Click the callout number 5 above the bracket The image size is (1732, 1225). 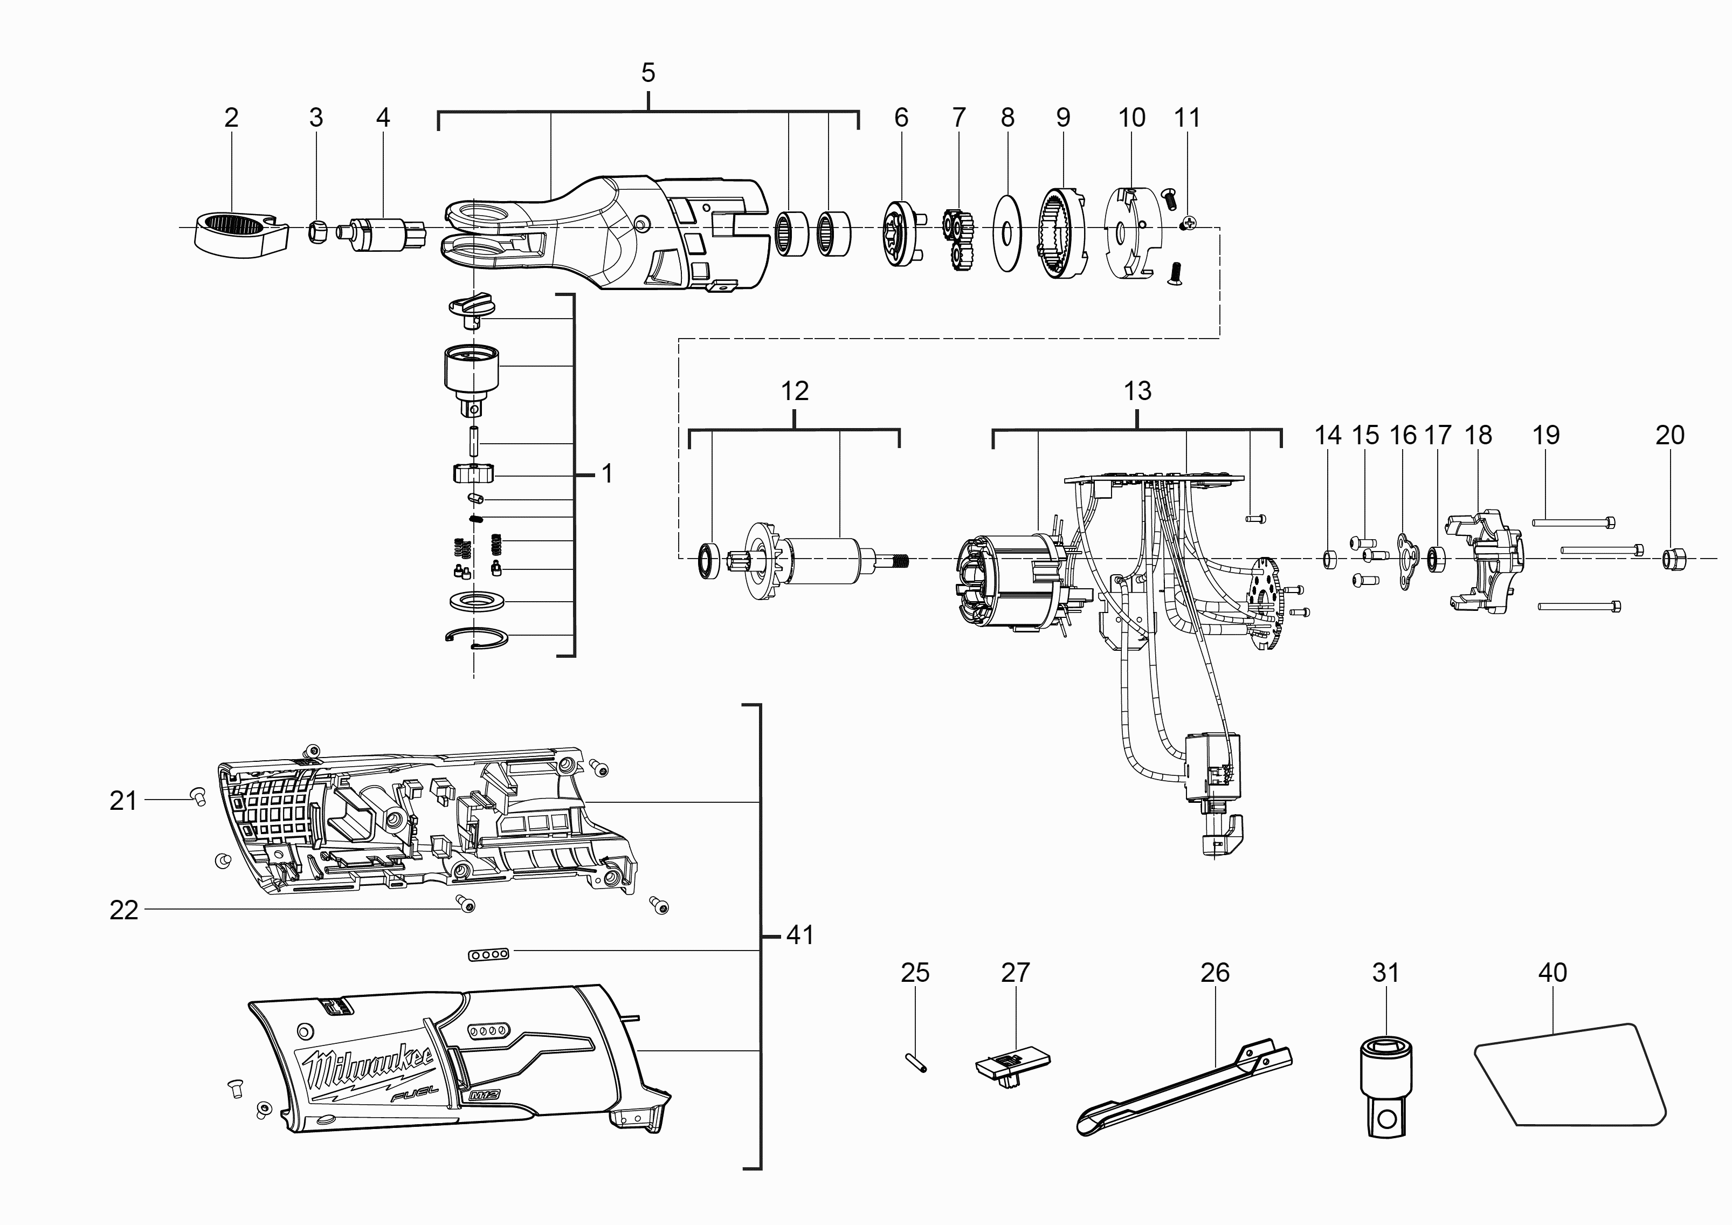pos(648,73)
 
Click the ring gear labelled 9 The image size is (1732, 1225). pos(1063,234)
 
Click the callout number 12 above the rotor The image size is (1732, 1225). pos(795,391)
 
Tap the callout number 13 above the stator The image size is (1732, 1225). pos(1137,391)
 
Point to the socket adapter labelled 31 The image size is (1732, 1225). pos(1386,1086)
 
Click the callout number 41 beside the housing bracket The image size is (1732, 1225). pos(799,935)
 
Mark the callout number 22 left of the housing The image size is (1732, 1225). pos(124,911)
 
